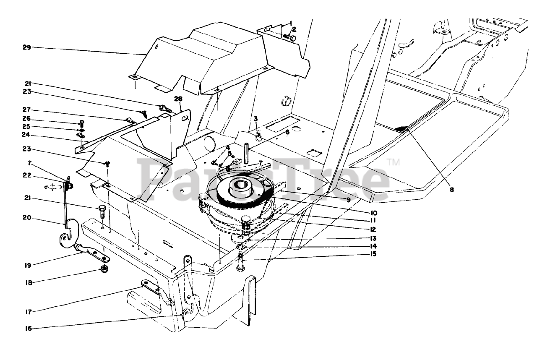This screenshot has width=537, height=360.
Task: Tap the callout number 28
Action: click(x=178, y=99)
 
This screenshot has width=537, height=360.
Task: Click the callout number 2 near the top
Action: click(x=294, y=29)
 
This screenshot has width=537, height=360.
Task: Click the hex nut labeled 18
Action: click(x=104, y=269)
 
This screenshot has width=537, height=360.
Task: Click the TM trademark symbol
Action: click(x=393, y=162)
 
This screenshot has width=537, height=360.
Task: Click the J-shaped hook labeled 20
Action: click(x=67, y=235)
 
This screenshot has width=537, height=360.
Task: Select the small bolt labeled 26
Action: click(x=82, y=123)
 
